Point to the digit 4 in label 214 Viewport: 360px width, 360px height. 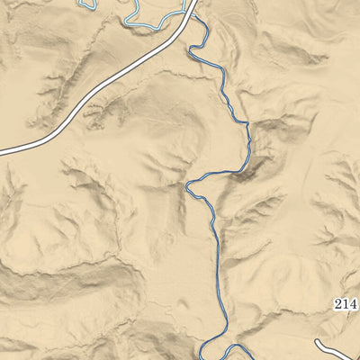[x=352, y=303]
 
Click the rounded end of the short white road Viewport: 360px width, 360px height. [x=319, y=343]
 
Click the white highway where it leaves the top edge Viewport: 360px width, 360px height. [x=192, y=3]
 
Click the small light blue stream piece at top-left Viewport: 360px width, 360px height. [x=86, y=4]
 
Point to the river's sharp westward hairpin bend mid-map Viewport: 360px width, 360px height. [x=188, y=186]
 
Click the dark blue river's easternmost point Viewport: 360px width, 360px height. [x=247, y=144]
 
